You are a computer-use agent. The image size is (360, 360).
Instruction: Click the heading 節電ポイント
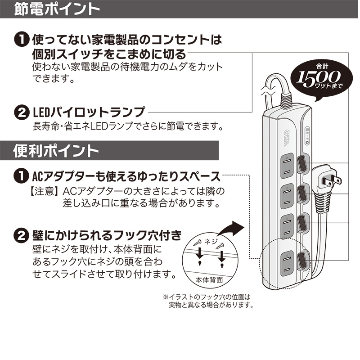click(57, 9)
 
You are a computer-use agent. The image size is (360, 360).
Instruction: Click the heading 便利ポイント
click(56, 151)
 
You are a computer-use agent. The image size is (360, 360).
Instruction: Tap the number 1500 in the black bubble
click(318, 78)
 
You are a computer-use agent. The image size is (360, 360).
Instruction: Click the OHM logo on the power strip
click(287, 138)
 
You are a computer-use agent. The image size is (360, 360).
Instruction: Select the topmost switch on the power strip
click(301, 164)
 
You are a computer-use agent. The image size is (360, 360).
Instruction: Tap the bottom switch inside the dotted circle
click(301, 261)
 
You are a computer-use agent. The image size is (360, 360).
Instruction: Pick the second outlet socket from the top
click(287, 196)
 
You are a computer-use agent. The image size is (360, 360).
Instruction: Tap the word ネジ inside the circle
click(211, 241)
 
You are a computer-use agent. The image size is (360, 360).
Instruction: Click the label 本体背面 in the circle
click(209, 279)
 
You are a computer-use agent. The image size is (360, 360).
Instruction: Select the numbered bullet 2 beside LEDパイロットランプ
click(22, 112)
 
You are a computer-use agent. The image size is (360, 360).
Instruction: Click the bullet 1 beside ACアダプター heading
click(22, 176)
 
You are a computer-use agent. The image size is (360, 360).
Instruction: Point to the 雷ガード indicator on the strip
click(307, 136)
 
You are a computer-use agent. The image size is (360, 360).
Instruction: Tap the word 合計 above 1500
click(322, 67)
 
